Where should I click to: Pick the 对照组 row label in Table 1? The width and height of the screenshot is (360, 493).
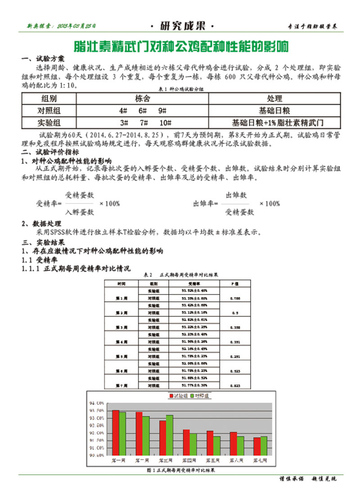tap(49, 110)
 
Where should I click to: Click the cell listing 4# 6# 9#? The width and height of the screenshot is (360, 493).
tap(143, 110)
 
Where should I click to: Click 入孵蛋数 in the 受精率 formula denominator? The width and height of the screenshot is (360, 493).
tap(80, 212)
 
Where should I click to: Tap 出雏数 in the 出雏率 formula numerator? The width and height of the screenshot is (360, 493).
tap(237, 195)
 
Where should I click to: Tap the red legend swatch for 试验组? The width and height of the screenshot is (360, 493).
tap(171, 396)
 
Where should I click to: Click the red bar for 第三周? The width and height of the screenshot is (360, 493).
tap(162, 437)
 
